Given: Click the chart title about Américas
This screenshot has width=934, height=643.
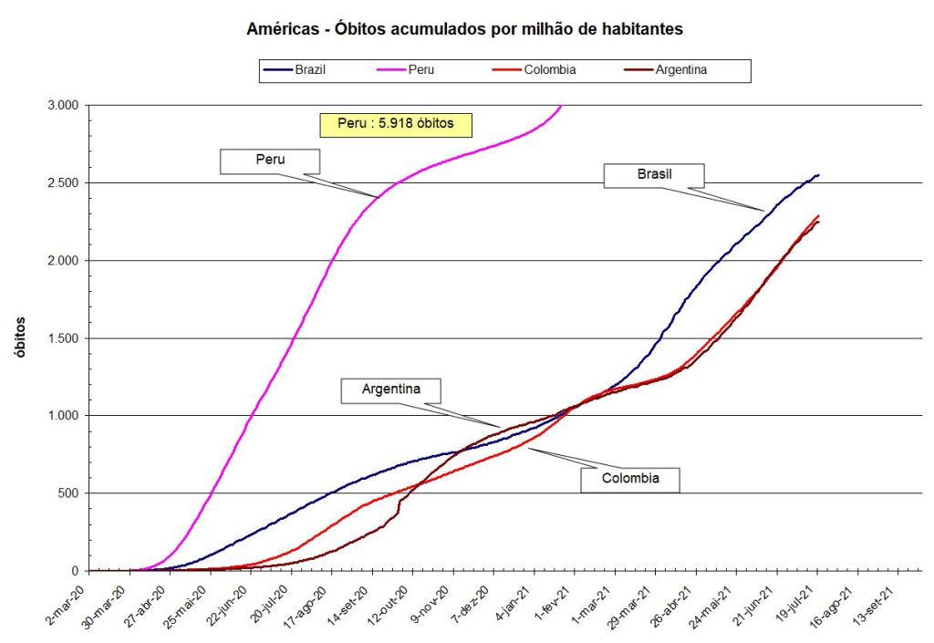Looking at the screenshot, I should [x=465, y=29].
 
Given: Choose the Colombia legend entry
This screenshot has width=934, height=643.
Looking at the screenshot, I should [x=549, y=70].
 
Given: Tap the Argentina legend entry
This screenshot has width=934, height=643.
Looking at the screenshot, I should [x=681, y=70].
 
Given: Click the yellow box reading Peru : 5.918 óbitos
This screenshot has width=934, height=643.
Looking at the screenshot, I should [x=395, y=124].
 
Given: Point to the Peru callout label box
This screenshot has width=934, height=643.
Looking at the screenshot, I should [x=270, y=160].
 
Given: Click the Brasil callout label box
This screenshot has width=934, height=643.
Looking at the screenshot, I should [x=654, y=175].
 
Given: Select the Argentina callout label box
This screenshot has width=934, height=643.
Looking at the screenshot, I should [x=390, y=389].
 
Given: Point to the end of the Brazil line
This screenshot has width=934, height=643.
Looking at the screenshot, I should [x=818, y=174].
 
